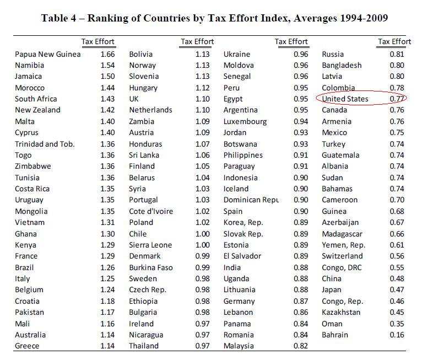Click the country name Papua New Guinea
47,54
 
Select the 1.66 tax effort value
107,54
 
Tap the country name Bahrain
335,335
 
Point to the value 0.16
397,335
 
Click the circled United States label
345,99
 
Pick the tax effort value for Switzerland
397,256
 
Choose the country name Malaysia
239,346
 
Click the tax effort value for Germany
301,301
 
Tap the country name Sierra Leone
150,245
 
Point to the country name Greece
27,346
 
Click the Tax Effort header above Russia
394,41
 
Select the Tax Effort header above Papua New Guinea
98,41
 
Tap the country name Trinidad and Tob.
45,144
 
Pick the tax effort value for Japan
397,289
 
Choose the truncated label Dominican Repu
251,200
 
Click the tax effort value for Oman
397,324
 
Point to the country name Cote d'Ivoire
151,211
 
